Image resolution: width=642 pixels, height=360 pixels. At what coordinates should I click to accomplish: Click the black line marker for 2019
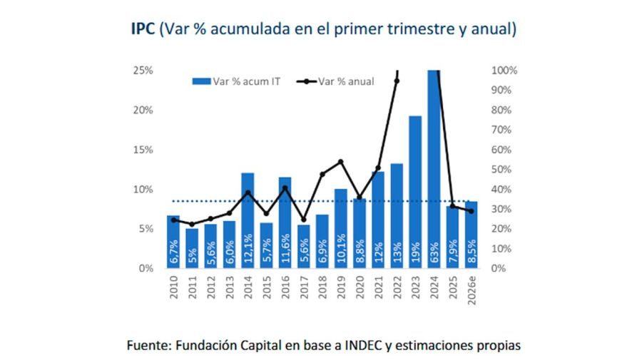click(340, 162)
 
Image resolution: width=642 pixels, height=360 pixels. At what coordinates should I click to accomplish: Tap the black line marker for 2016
click(285, 188)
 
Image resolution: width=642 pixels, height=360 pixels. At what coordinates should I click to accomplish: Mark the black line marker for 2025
click(452, 207)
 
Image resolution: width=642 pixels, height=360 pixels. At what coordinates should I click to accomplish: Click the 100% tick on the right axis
click(504, 71)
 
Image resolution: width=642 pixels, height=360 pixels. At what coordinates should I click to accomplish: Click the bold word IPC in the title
click(141, 30)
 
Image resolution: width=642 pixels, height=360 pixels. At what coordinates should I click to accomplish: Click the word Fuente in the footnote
click(147, 346)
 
